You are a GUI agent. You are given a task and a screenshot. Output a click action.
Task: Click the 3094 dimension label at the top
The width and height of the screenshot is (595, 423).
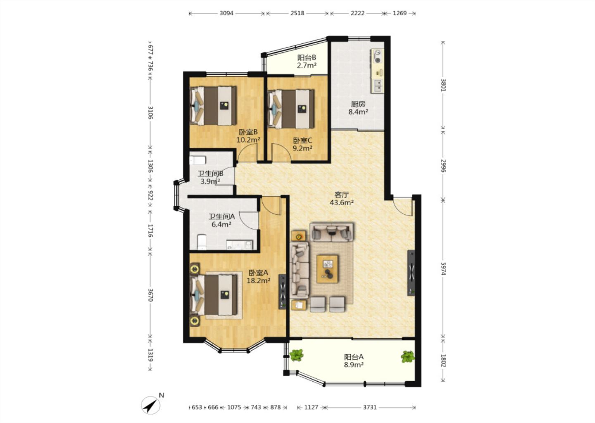[226, 13]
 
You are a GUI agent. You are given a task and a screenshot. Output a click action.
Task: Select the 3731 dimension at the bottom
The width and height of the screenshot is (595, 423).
[370, 407]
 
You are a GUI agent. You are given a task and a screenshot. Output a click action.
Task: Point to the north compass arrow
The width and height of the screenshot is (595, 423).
[150, 405]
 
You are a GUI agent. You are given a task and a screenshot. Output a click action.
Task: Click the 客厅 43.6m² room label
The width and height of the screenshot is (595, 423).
[342, 199]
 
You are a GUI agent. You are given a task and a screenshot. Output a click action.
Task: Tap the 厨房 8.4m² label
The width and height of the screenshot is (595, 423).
[358, 108]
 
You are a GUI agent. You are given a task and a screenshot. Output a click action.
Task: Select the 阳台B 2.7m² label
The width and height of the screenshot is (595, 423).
[307, 61]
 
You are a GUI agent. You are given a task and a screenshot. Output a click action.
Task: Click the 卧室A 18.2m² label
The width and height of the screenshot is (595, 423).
[259, 277]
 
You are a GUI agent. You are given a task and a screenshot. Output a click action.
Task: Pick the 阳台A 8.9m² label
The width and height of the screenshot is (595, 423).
[354, 361]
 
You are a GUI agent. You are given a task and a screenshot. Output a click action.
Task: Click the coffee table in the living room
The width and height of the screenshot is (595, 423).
[327, 269]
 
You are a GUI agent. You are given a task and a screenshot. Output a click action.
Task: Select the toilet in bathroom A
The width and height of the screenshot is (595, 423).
[202, 242]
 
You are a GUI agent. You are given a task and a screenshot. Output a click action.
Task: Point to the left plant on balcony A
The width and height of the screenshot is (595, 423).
[296, 355]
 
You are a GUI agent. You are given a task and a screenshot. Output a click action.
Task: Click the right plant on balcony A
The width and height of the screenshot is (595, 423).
[408, 356]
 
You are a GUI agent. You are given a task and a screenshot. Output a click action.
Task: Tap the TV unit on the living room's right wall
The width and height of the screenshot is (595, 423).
[411, 273]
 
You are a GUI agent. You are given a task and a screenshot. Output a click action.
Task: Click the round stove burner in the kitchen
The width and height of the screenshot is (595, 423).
[378, 60]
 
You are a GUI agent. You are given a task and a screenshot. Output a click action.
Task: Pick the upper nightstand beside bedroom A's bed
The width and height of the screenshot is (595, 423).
[195, 269]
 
